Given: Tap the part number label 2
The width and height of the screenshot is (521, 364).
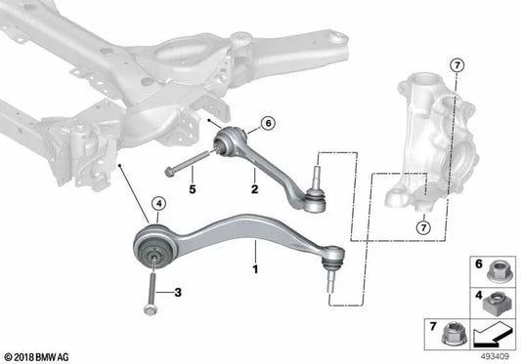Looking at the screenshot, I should point(254,178).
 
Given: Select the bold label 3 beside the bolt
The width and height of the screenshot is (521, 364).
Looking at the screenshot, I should point(177,293).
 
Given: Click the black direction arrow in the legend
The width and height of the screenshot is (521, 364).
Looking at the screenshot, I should point(492,338).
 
